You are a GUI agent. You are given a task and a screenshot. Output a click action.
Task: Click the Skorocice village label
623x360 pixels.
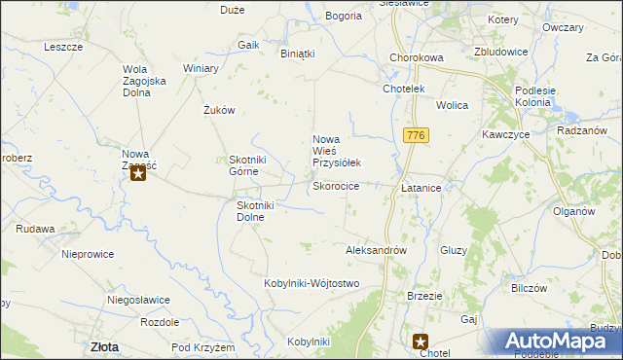336,186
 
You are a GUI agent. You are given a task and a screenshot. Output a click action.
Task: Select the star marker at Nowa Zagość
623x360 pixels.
138,175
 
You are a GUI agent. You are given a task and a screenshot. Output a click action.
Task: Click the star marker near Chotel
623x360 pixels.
421,342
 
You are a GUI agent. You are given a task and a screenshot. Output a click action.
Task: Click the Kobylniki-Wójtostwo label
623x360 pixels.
311,283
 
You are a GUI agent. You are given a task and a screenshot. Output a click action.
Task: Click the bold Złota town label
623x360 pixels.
104,345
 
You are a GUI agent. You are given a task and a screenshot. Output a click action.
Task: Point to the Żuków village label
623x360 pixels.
220,110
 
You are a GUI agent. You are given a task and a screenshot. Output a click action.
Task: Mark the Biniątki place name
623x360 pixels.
298,54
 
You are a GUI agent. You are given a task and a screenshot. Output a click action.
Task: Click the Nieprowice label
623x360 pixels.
88,254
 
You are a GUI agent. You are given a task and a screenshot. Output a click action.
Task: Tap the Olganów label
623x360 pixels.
573,211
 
